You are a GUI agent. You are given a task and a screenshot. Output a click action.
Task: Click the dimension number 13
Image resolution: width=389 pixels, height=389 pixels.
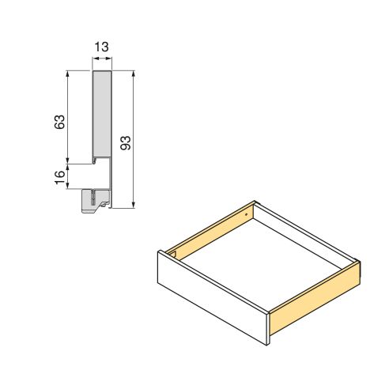pyautogui.click(x=101, y=47)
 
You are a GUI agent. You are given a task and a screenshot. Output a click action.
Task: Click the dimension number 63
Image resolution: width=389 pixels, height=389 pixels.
pyautogui.click(x=58, y=122)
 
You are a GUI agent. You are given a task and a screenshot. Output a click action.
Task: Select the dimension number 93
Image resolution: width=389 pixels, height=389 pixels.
pyautogui.click(x=125, y=142)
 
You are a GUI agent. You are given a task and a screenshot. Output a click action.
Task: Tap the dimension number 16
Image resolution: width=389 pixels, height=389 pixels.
pyautogui.click(x=58, y=176)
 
